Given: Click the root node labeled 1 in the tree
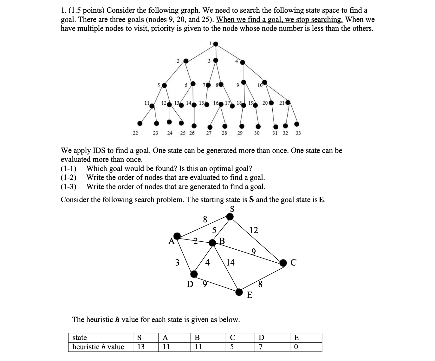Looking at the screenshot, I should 216,44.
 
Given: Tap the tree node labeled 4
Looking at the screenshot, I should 243,62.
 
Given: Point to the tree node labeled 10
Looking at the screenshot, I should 265,83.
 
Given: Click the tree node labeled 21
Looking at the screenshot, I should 288,103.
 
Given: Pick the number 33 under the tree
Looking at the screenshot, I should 298,133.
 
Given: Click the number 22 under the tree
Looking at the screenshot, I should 135,133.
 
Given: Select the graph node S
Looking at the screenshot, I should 230,217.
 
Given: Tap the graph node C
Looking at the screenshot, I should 283,262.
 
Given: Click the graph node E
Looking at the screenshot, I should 240,292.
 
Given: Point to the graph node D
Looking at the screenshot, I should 194,274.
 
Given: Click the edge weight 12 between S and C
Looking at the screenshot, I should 254,230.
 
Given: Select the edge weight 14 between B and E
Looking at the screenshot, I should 230,262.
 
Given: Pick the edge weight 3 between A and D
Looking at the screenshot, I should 177,262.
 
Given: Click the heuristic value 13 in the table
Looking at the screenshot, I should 141,347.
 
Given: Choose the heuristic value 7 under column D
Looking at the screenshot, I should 261,347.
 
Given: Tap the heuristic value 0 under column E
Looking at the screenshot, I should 296,347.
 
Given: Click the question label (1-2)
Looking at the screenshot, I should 68,177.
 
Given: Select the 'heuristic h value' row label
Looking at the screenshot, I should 98,347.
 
